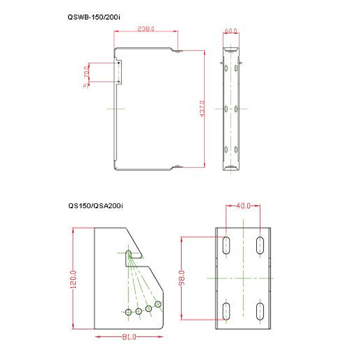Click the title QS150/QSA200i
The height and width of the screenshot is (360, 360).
tap(95, 206)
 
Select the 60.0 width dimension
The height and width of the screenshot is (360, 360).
tap(230, 30)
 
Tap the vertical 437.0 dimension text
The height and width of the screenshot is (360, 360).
tap(202, 109)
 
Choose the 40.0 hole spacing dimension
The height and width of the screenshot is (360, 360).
tap(243, 206)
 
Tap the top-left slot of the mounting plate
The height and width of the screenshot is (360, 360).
tap(227, 244)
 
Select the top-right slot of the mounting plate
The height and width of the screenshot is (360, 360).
tap(261, 244)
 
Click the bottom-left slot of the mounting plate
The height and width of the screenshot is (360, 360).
tap(227, 312)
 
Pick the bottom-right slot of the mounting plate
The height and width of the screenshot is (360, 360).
tap(261, 312)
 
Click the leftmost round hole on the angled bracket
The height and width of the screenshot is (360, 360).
tap(129, 311)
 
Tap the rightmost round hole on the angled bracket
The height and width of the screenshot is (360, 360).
tap(158, 304)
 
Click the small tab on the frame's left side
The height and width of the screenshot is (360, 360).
tap(118, 71)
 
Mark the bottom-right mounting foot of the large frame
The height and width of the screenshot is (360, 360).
tap(179, 167)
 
